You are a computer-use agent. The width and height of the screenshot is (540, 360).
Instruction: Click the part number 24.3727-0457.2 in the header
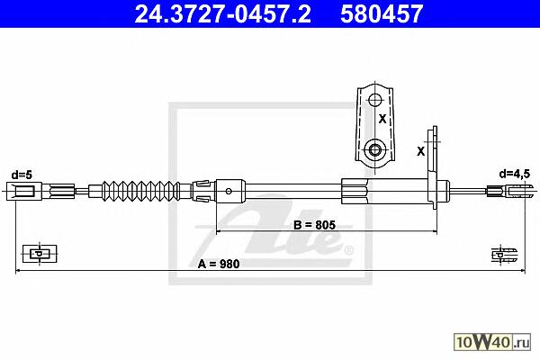pyautogui.click(x=222, y=13)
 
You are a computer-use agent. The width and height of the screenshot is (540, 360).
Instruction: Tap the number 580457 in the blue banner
pyautogui.click(x=382, y=13)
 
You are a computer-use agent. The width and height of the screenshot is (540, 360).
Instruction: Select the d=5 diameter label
pyautogui.click(x=22, y=175)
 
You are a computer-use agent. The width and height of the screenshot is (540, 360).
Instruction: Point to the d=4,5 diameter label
pyautogui.click(x=515, y=175)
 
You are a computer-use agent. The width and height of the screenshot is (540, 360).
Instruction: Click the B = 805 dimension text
pyautogui.click(x=314, y=225)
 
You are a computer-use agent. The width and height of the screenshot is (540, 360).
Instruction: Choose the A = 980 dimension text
pyautogui.click(x=219, y=264)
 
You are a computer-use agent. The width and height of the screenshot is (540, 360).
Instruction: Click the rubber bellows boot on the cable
pyautogui.click(x=141, y=191)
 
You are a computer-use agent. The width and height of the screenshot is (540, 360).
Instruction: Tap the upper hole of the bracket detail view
pyautogui.click(x=374, y=100)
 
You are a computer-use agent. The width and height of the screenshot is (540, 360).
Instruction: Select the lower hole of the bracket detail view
pyautogui.click(x=374, y=150)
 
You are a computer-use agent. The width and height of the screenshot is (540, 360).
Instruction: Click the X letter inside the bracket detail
pyautogui.click(x=382, y=119)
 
